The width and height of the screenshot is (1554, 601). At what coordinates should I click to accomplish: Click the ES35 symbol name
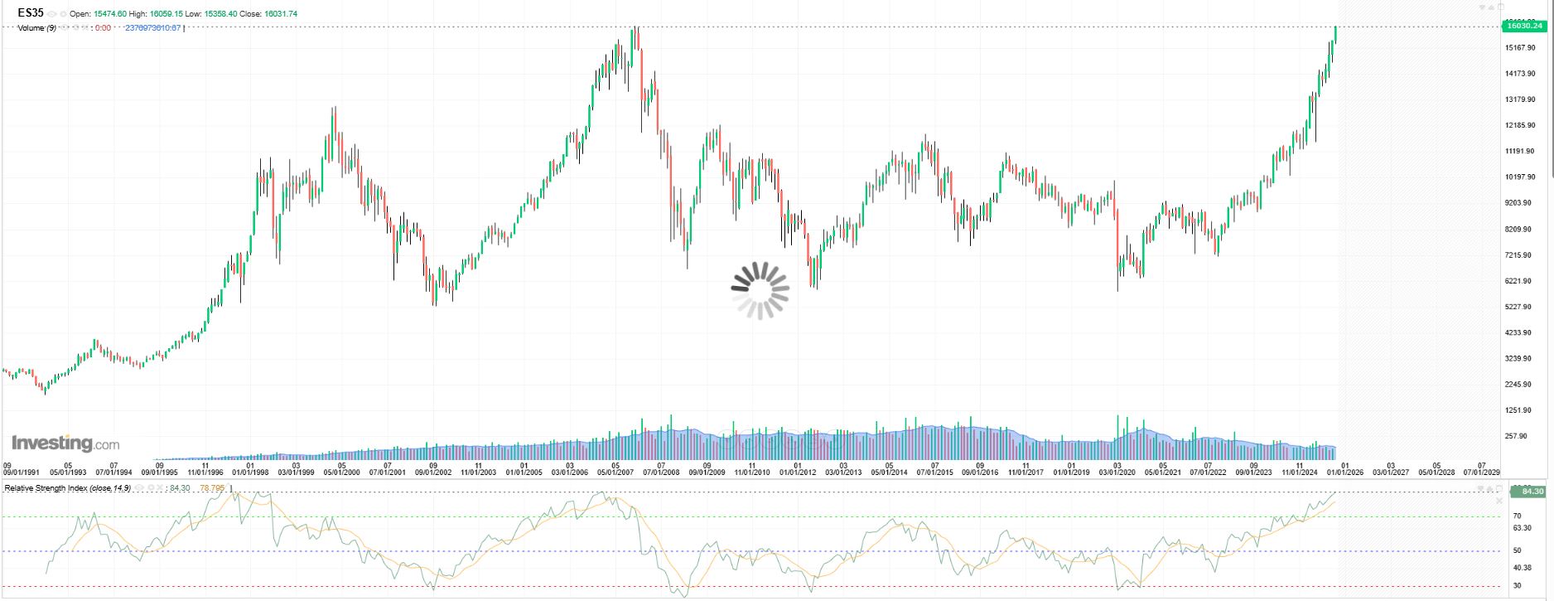coord(31,13)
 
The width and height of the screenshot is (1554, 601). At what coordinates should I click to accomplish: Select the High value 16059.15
coord(166,14)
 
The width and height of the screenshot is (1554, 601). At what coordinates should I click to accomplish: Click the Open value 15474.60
coord(109,14)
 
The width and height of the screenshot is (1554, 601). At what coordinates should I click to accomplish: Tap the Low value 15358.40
coord(222,14)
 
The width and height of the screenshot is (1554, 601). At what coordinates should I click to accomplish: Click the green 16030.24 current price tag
coord(1523,26)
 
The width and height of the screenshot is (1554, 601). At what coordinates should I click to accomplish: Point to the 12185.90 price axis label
coord(1521,125)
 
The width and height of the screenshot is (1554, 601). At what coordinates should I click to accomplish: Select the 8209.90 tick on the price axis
coord(1521,229)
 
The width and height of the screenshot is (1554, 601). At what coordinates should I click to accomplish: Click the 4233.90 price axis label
coord(1521,332)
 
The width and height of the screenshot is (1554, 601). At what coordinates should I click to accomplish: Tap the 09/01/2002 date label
coord(433,473)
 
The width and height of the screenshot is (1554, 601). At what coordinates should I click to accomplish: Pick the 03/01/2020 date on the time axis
coord(1117,473)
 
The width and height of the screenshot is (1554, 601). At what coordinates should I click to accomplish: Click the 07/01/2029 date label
coord(1482,473)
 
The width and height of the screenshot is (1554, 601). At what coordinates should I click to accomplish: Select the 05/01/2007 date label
coord(615,473)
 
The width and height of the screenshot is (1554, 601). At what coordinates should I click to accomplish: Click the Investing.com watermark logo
coord(65,443)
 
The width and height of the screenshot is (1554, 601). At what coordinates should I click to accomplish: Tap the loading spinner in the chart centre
coord(760,290)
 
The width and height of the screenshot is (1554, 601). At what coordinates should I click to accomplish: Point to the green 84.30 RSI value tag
coord(1528,492)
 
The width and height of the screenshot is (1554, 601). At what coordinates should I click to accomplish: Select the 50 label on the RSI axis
coord(1517,550)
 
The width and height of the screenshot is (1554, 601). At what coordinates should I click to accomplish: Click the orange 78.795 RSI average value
coord(213,488)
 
